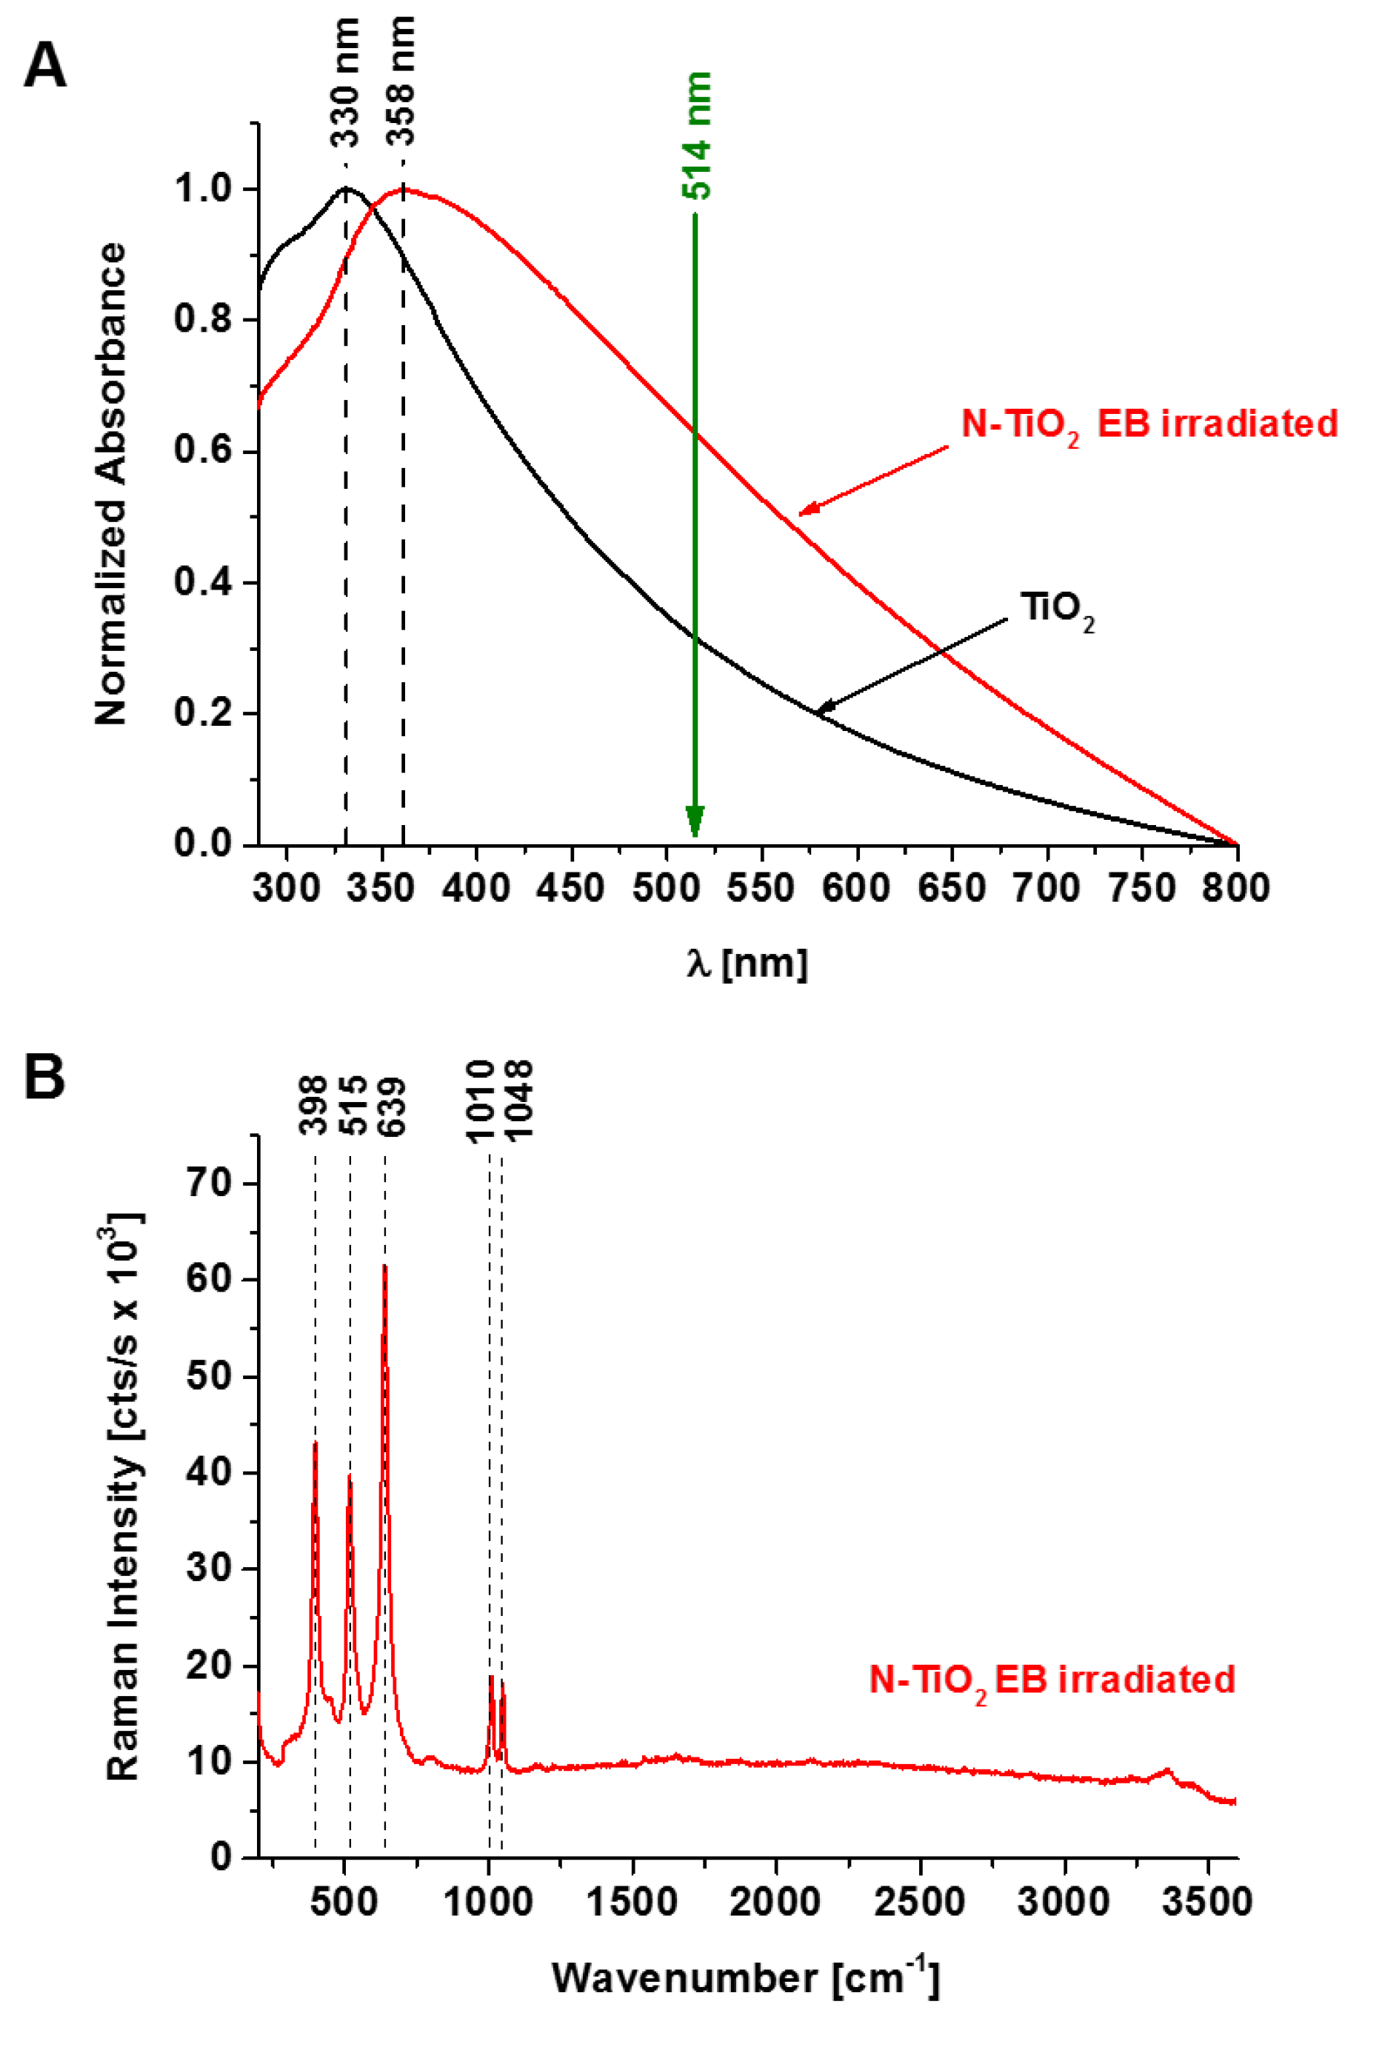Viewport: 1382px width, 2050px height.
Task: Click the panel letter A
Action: pos(44,66)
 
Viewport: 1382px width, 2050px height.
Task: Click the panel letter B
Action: pos(44,1077)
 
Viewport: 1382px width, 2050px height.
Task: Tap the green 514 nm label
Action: pos(696,136)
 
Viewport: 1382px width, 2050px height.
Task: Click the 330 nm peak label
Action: pos(345,84)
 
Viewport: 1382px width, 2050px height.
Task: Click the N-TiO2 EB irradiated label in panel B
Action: pos(1052,1680)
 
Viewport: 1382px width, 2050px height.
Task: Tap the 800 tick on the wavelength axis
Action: pos(1237,887)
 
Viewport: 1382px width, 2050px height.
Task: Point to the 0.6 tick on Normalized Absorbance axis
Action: pos(202,450)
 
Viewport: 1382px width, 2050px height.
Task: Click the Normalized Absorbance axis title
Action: pos(111,485)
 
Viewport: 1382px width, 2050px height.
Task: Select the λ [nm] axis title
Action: pos(746,964)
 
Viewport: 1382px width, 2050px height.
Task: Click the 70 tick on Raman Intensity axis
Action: pos(210,1183)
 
